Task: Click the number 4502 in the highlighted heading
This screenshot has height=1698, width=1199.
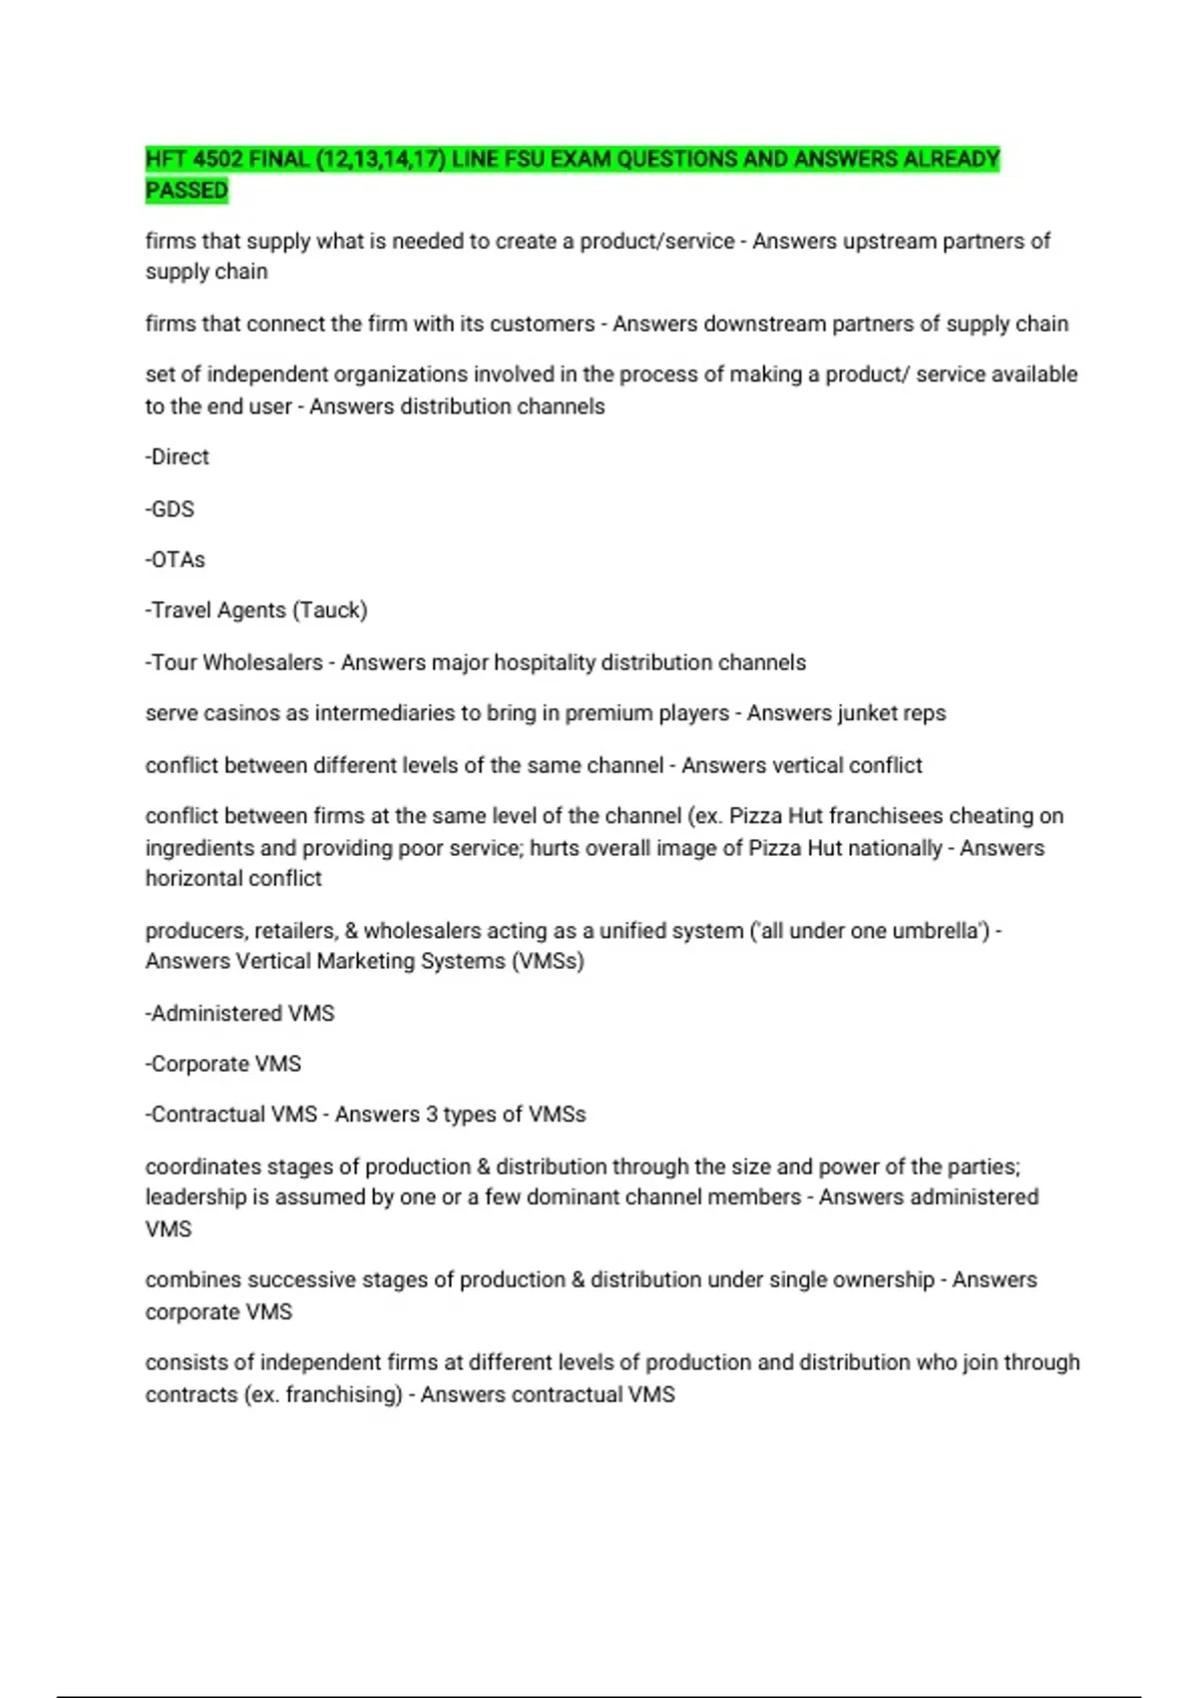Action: [x=217, y=159]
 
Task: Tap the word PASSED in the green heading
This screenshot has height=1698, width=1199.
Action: [x=187, y=191]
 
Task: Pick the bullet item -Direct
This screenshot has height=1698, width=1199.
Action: [x=178, y=457]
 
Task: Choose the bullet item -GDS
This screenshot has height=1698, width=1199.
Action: [x=170, y=509]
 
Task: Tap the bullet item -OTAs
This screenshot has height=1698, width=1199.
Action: [x=175, y=560]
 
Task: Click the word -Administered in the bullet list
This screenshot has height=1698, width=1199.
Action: [x=213, y=1014]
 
